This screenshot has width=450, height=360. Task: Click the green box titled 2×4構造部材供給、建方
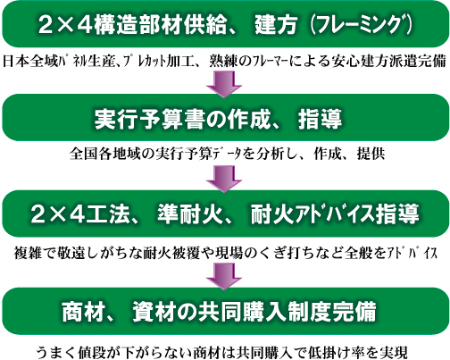click(225, 24)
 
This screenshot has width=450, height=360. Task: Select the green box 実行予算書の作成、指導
click(225, 118)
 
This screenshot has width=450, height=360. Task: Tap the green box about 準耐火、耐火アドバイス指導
click(225, 213)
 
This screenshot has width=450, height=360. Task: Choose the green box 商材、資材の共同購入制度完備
click(225, 311)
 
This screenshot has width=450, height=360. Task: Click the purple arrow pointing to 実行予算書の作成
click(224, 85)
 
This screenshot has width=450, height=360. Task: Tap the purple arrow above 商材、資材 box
click(224, 277)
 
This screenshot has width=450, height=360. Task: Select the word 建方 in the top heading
click(276, 24)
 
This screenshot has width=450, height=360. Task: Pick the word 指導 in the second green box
click(320, 119)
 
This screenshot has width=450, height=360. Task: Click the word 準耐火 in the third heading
click(190, 214)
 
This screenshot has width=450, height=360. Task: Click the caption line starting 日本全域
click(225, 61)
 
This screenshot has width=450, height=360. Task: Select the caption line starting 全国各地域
click(228, 154)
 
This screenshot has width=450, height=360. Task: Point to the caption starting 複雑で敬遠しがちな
click(226, 253)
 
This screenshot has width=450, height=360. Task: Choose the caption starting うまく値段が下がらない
click(222, 352)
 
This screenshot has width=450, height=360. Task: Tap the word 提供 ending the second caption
click(371, 154)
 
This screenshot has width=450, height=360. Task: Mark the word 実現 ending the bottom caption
click(394, 352)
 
